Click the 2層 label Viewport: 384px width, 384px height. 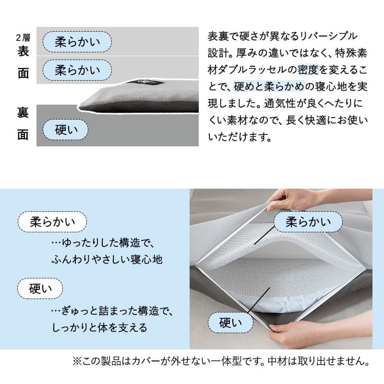pos(23,38)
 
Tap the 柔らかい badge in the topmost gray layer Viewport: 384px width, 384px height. pos(77,42)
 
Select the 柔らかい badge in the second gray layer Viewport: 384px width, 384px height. pos(77,70)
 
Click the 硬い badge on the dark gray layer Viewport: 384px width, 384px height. pos(66,130)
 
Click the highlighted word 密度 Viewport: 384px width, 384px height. pos(308,70)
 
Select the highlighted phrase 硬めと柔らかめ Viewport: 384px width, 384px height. pos(269,87)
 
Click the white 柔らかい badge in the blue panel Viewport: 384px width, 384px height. pos(52,222)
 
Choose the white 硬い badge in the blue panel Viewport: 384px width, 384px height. pos(40,288)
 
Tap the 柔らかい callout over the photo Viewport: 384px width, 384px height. pos(308,222)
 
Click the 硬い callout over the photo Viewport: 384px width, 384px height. pos(230,322)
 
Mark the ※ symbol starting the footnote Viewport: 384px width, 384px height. pos(76,361)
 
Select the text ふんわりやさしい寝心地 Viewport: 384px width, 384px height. pos(107,259)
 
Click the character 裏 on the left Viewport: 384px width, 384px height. pos(23,112)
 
